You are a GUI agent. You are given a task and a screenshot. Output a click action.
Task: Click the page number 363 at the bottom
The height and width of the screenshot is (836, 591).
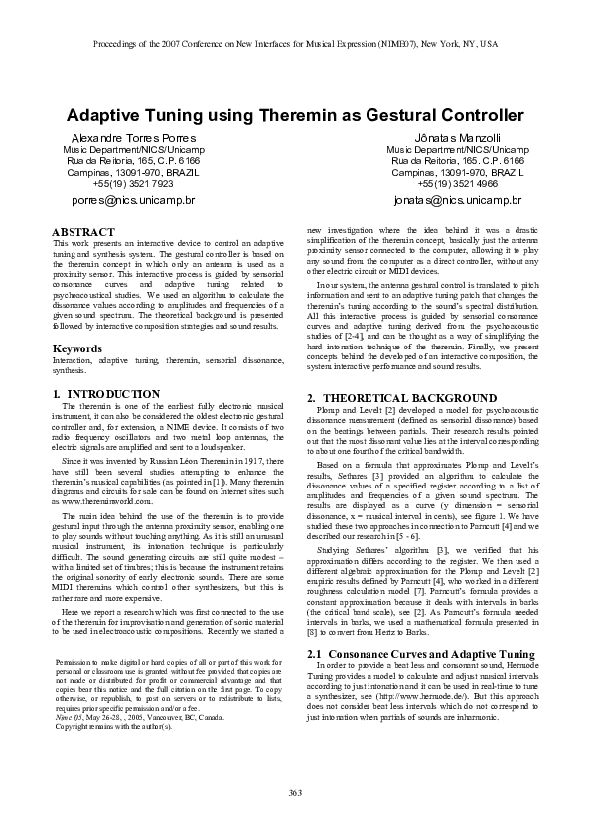click(295, 790)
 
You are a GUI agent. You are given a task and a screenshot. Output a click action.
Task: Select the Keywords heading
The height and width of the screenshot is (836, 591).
click(75, 348)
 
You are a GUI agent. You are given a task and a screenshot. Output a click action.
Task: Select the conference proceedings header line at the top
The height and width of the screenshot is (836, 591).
click(295, 45)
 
